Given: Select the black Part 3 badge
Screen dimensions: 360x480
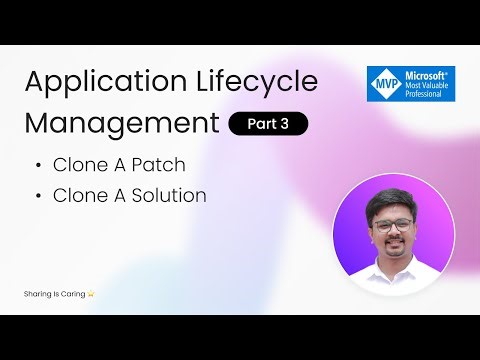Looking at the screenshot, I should [x=268, y=124].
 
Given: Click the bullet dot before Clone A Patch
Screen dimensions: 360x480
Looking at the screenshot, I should [x=37, y=163].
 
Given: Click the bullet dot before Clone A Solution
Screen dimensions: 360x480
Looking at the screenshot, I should [x=37, y=196].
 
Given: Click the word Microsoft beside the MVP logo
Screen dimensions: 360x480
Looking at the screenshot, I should [x=425, y=73].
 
